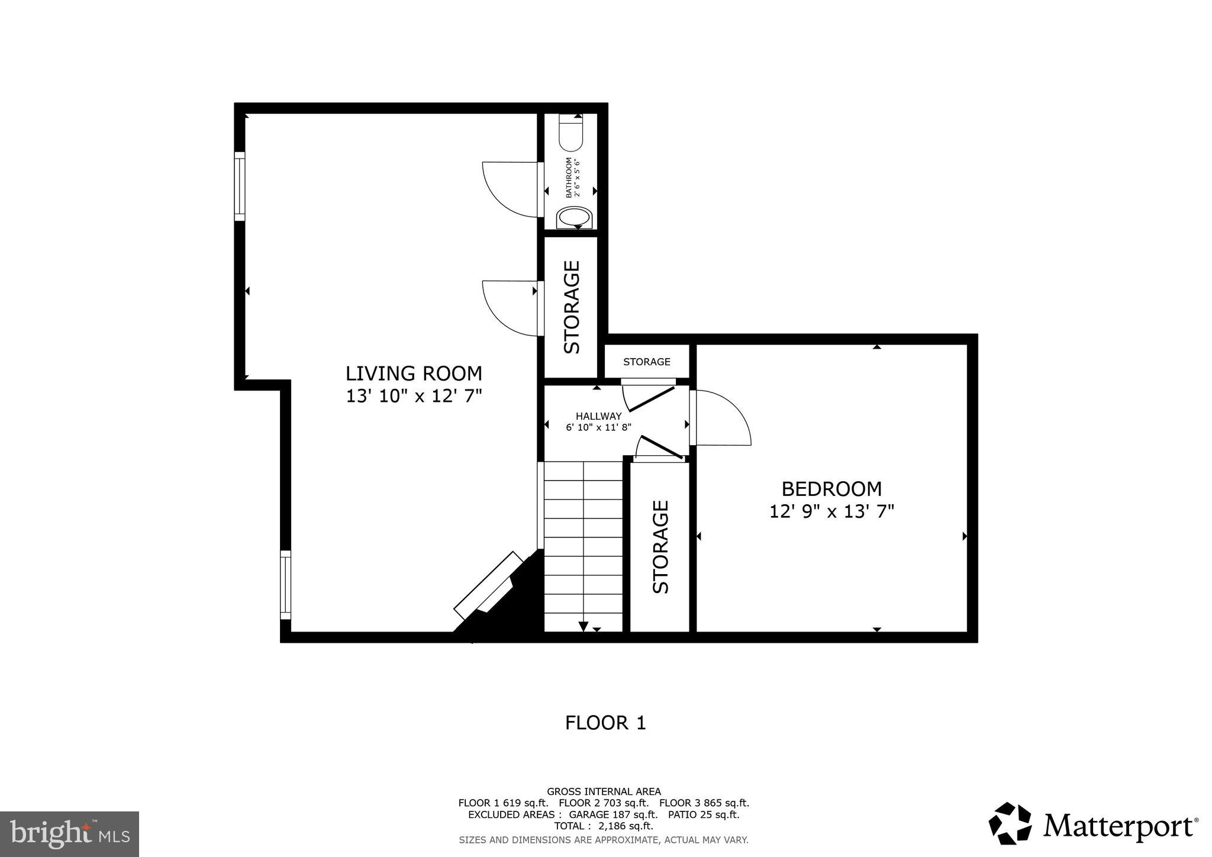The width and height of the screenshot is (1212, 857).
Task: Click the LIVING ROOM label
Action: (414, 373)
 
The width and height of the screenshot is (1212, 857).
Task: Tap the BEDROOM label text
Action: (831, 489)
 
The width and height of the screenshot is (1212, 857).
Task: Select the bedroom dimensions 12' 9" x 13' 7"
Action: (831, 511)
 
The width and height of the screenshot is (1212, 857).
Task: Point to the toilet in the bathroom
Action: (571, 133)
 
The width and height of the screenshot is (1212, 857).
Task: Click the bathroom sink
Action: (574, 217)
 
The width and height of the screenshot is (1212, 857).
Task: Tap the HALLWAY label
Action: (598, 416)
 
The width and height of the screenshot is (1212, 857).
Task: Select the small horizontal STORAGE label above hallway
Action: (646, 362)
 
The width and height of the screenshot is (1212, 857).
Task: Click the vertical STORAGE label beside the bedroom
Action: (660, 546)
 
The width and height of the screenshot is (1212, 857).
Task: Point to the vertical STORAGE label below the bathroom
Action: (572, 307)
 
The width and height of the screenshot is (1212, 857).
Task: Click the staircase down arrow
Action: (583, 626)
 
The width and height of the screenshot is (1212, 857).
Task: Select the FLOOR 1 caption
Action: (605, 723)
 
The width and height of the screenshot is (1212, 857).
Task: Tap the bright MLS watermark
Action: (69, 834)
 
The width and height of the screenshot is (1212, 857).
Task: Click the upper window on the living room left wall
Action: (240, 186)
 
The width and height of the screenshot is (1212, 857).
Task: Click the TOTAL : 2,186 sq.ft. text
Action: (603, 826)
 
